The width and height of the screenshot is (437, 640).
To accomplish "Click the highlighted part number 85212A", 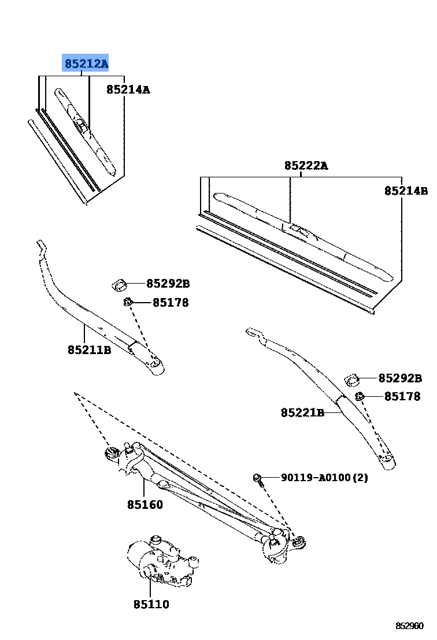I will [x=86, y=64].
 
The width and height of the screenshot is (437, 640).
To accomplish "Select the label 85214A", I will [x=128, y=90].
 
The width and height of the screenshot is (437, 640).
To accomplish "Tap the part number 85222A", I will [x=306, y=166].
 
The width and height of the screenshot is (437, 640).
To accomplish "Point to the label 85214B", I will [x=406, y=191].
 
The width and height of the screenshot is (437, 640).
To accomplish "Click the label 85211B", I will [x=89, y=349].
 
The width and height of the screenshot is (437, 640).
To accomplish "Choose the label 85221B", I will [x=302, y=412].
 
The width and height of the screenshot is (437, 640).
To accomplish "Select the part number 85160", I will [x=145, y=504].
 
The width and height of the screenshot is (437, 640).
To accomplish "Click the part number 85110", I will [x=151, y=604].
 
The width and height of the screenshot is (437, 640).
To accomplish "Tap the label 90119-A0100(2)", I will [x=324, y=478].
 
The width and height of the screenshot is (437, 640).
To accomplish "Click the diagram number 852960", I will [x=410, y=626].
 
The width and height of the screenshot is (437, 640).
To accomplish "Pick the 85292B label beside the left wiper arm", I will [x=168, y=284].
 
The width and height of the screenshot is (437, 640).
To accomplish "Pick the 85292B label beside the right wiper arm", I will [x=400, y=378].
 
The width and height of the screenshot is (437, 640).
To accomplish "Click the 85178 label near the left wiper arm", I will [x=171, y=302].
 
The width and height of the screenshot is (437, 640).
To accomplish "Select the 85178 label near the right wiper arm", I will [x=402, y=397].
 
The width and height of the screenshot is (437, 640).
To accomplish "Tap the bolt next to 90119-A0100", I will [x=258, y=478].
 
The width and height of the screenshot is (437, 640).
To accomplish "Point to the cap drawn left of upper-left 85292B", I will [x=119, y=284].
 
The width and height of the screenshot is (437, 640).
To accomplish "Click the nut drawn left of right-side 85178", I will [x=359, y=396].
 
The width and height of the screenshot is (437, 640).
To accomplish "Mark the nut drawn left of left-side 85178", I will [x=128, y=302].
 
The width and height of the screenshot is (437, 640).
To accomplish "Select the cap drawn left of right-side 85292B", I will [x=352, y=379].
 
